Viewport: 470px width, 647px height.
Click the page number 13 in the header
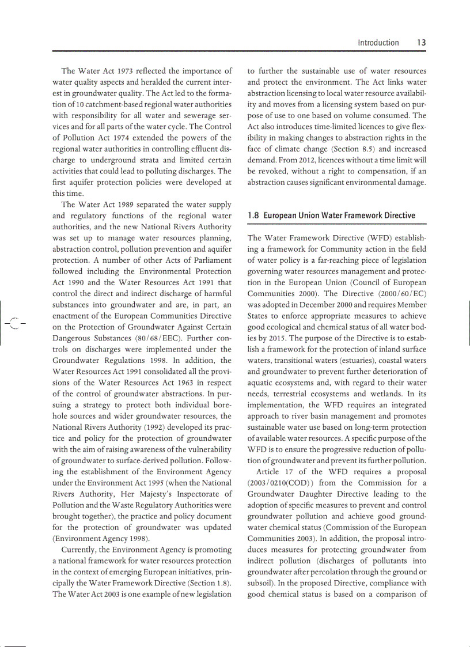421,43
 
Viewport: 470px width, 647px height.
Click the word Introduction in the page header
378,43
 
